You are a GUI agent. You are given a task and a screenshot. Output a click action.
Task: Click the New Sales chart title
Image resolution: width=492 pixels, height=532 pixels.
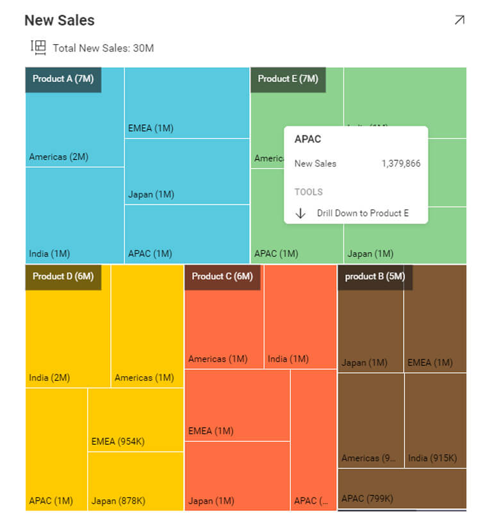pyautogui.click(x=60, y=21)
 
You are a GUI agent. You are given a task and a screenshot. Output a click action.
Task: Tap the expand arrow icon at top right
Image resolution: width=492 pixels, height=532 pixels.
pyautogui.click(x=459, y=20)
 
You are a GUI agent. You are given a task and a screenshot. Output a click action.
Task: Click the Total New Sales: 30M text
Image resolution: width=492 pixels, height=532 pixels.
pyautogui.click(x=103, y=48)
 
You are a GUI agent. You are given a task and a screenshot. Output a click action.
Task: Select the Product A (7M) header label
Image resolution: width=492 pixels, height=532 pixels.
pyautogui.click(x=63, y=79)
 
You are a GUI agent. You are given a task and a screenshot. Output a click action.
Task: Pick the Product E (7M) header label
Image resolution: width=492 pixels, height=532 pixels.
pyautogui.click(x=288, y=79)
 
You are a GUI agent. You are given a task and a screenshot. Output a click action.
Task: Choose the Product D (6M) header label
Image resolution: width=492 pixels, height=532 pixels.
pyautogui.click(x=63, y=276)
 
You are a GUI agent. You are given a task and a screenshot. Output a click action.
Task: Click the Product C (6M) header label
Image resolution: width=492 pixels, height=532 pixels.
pyautogui.click(x=222, y=276)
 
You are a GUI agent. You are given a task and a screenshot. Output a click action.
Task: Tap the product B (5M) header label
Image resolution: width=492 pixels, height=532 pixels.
pyautogui.click(x=375, y=276)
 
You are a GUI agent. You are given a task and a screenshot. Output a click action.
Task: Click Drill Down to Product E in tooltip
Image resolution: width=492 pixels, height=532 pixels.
pyautogui.click(x=363, y=213)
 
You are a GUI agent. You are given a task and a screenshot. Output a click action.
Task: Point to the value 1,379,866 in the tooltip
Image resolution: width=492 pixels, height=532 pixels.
pyautogui.click(x=401, y=163)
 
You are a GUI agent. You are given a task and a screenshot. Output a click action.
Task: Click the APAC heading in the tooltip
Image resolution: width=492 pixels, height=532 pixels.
pyautogui.click(x=307, y=139)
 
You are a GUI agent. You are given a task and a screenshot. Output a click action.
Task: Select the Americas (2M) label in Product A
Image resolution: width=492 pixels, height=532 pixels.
pyautogui.click(x=58, y=156)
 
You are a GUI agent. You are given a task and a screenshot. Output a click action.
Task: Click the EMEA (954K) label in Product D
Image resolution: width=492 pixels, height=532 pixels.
pyautogui.click(x=118, y=441)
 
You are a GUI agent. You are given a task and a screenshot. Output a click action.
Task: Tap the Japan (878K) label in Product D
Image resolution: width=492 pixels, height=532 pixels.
pyautogui.click(x=118, y=501)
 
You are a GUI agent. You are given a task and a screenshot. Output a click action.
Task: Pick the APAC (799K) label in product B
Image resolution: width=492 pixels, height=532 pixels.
pyautogui.click(x=367, y=498)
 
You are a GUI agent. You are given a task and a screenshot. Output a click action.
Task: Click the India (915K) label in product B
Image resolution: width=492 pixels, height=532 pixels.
pyautogui.click(x=432, y=458)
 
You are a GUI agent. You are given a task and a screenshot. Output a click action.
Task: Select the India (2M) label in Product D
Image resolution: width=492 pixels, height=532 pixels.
pyautogui.click(x=49, y=378)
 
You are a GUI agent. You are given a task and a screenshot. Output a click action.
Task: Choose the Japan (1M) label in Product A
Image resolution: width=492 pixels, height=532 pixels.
pyautogui.click(x=151, y=194)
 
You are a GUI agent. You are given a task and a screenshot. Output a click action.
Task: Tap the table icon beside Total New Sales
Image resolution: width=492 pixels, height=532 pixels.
pyautogui.click(x=38, y=47)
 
